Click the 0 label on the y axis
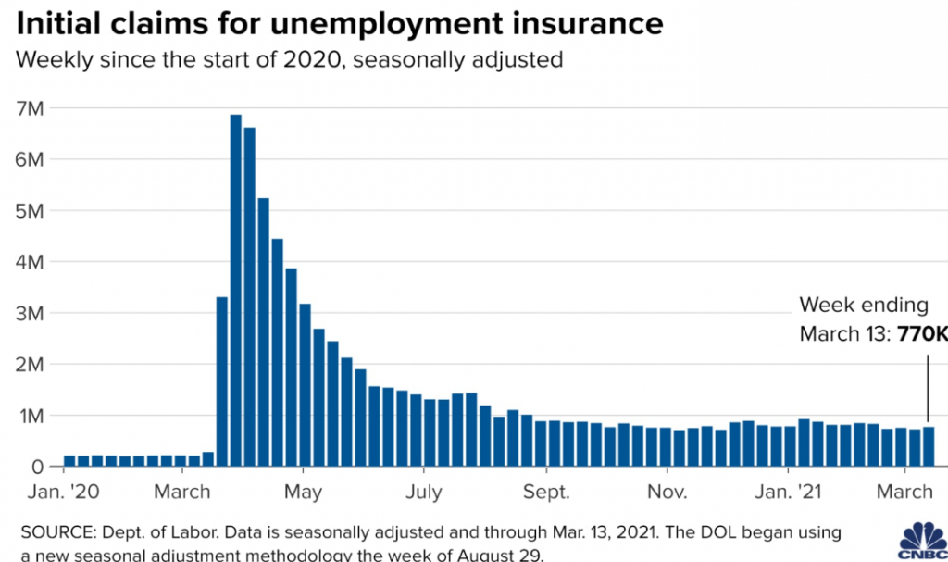point(37,468)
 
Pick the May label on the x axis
point(304,492)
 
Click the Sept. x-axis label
point(546,492)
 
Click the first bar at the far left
point(69,461)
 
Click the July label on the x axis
point(425,492)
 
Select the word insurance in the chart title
point(589,22)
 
